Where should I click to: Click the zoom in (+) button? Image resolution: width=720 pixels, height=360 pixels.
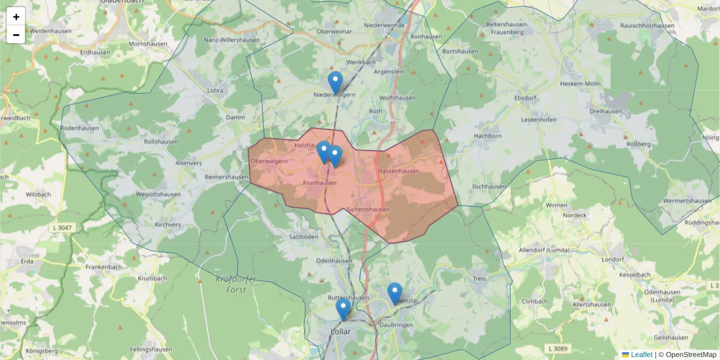point(16,17)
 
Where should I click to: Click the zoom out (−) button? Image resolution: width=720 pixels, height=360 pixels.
point(16,35)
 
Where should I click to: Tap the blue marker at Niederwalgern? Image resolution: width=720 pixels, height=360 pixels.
point(335,82)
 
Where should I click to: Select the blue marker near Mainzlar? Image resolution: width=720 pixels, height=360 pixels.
point(394,293)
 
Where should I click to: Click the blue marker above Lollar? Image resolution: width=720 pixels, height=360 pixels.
point(343,309)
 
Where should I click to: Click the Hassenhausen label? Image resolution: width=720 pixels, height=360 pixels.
point(398,172)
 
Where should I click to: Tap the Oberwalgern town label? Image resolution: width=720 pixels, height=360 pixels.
point(269,161)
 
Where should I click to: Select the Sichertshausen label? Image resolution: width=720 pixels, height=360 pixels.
point(368,209)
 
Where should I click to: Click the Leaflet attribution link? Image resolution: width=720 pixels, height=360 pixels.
point(641,355)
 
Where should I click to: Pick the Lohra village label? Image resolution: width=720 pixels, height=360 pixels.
point(214,91)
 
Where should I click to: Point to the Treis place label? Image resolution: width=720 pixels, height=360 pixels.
point(479,279)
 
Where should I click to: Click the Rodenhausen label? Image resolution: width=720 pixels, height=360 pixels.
point(79,128)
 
